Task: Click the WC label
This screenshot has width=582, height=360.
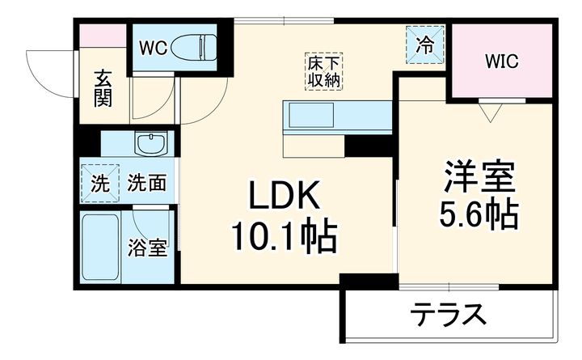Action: coord(152,48)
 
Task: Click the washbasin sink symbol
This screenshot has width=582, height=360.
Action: coord(151,146)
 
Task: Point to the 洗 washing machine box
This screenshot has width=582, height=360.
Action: coord(99,183)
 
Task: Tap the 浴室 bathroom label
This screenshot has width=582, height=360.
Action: coord(150,248)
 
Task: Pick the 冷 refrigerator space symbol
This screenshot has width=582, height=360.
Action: coord(424,46)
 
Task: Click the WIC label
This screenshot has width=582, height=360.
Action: coord(501,61)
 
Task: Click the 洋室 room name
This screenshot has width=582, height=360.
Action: coord(479,176)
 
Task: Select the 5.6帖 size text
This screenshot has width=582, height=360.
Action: coord(479,215)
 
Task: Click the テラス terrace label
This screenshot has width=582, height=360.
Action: coord(451,313)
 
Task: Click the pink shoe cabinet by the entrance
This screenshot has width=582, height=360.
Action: coord(103,36)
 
